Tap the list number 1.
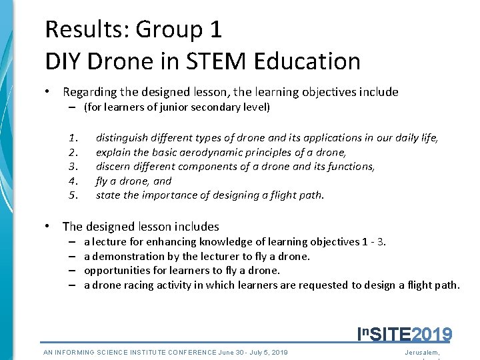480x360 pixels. click(73, 138)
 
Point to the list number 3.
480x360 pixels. click(74, 167)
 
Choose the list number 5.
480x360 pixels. click(74, 195)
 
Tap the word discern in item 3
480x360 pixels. click(114, 167)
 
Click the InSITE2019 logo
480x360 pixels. click(405, 333)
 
